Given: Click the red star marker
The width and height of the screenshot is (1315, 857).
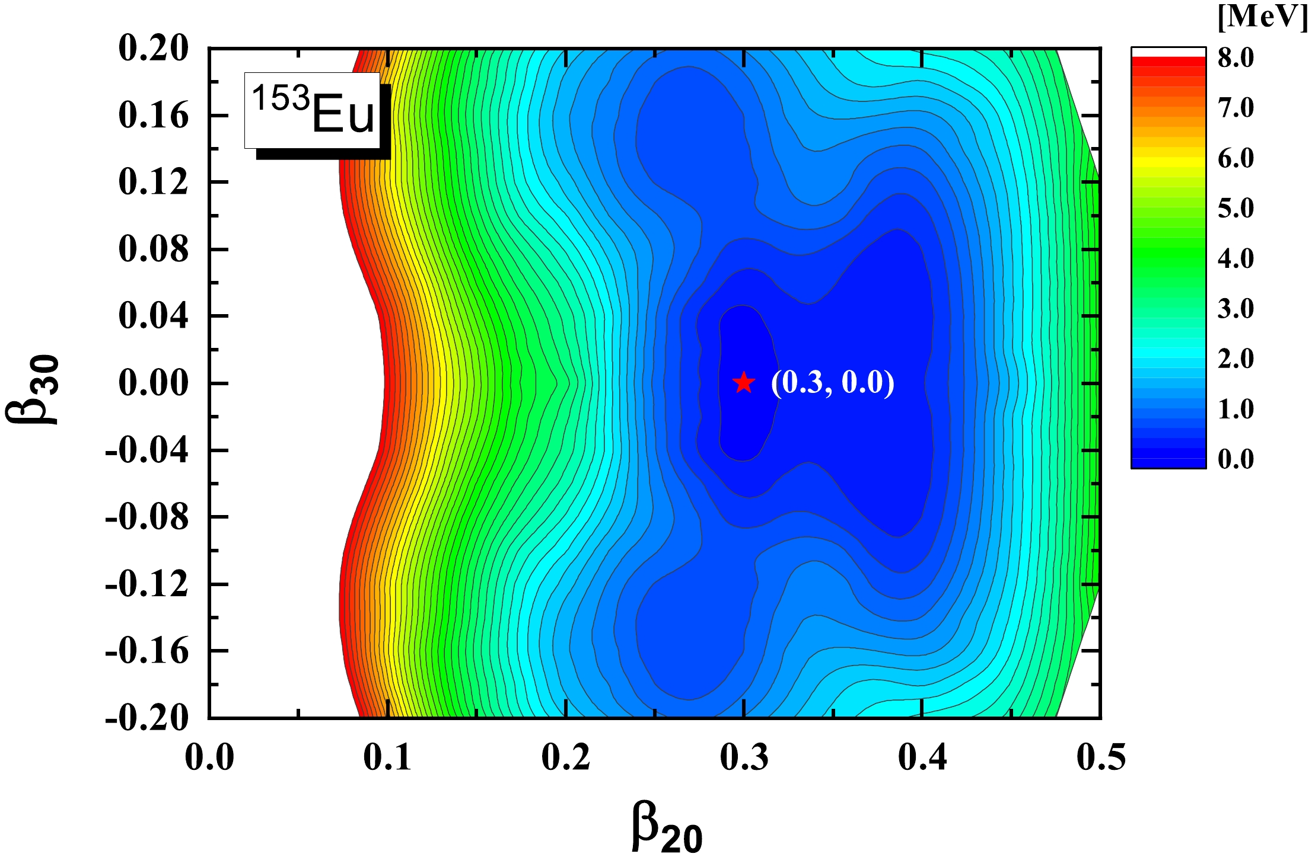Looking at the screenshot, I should click(x=744, y=383).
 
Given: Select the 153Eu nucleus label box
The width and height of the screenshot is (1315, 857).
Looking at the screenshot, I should click(x=313, y=110).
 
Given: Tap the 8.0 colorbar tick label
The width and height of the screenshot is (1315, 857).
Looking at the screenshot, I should click(x=1236, y=57).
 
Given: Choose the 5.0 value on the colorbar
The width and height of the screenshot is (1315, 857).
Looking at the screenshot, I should click(x=1236, y=208).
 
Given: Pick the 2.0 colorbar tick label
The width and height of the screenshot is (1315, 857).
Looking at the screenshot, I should click(x=1236, y=359).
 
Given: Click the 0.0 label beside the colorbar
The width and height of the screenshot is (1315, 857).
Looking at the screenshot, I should click(x=1236, y=459).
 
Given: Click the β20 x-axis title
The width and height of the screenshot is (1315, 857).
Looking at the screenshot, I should click(x=667, y=827).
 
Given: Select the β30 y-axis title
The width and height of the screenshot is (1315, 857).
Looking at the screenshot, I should click(x=33, y=389).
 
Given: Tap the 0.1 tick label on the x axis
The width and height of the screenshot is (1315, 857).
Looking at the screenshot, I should click(x=387, y=757).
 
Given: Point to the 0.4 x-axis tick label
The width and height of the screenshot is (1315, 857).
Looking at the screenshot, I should click(x=922, y=757).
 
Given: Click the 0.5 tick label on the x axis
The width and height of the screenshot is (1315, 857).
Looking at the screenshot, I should click(x=1101, y=757).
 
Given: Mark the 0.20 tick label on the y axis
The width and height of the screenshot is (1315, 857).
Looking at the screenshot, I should click(x=154, y=48).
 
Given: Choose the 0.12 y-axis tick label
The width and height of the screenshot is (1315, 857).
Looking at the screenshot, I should click(x=154, y=182).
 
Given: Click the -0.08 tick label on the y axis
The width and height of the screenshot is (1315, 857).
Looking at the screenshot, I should click(x=147, y=517).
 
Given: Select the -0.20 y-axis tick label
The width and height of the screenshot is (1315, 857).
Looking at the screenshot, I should click(x=147, y=718).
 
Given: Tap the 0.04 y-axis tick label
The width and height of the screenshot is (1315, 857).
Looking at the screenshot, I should click(x=154, y=316).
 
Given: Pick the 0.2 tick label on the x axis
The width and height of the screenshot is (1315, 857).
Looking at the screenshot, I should click(x=566, y=757).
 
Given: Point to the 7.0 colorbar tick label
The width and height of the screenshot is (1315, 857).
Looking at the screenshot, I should click(x=1236, y=108).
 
